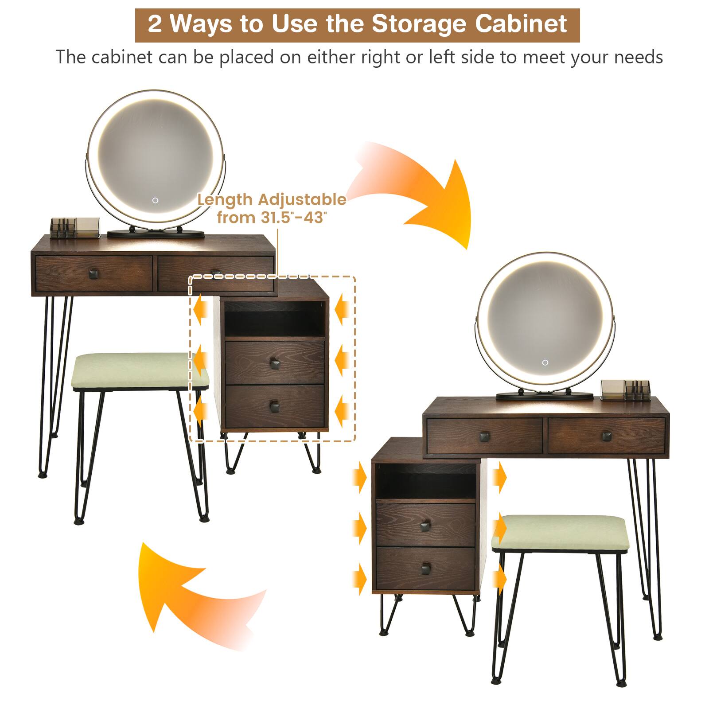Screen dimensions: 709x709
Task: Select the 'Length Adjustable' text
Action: point(272,199)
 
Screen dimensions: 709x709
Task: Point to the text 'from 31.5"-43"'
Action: point(272,218)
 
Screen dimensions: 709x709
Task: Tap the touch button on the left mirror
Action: point(156,200)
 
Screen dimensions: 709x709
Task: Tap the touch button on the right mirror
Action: point(545,362)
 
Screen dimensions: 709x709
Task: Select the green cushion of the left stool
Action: point(140,370)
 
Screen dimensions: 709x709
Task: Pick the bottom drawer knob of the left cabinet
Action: point(275,405)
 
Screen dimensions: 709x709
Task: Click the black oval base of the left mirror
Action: point(156,233)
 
